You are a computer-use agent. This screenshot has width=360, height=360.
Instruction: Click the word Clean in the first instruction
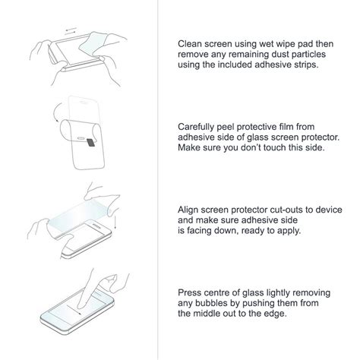point(191,44)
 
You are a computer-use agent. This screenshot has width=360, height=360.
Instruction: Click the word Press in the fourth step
point(191,290)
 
